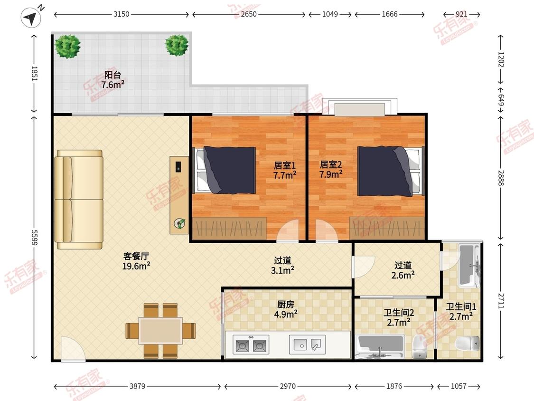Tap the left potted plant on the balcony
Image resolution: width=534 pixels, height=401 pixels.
point(68,46)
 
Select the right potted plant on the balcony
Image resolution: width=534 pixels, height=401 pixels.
point(177,45)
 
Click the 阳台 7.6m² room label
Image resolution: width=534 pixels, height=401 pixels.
point(112,79)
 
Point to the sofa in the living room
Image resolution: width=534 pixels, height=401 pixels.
point(79,200)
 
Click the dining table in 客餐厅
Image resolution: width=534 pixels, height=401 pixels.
point(160,330)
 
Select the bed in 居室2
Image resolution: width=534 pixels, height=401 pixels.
point(391,171)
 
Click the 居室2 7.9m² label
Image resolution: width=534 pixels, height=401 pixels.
point(331,170)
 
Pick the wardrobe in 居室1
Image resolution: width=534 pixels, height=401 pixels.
point(229,228)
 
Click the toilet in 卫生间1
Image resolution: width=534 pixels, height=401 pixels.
point(467,344)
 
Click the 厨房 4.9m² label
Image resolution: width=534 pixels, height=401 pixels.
point(285,309)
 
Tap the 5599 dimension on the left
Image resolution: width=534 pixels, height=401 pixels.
point(34,238)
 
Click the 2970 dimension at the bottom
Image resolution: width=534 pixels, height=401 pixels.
point(288,386)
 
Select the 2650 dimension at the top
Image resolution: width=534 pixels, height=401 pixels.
point(249,14)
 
